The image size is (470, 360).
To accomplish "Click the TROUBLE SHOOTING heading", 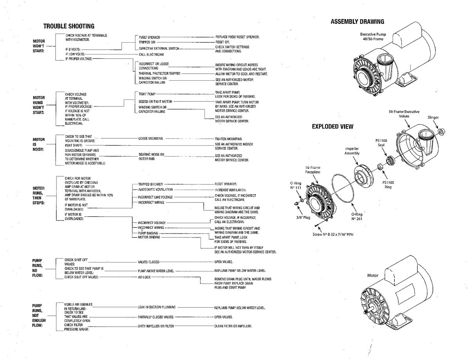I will pyautogui.click(x=69, y=26).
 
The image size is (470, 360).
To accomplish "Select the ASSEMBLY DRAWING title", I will pyautogui.click(x=357, y=22).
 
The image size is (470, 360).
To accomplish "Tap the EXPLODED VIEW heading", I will pyautogui.click(x=332, y=127).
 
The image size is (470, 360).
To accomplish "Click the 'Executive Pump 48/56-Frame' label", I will pyautogui.click(x=372, y=37).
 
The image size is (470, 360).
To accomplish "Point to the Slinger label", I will pyautogui.click(x=433, y=118).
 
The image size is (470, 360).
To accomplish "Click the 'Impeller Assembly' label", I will pyautogui.click(x=352, y=151).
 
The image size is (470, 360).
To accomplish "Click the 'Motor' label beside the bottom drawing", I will pyautogui.click(x=372, y=275).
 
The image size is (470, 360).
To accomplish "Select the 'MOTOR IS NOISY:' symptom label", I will pyautogui.click(x=38, y=144).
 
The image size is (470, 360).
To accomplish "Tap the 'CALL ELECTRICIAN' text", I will pyautogui.click(x=151, y=54).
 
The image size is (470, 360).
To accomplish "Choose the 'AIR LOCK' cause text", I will pyautogui.click(x=144, y=277).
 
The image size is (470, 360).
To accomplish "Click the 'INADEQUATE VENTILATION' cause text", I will pyautogui.click(x=155, y=190).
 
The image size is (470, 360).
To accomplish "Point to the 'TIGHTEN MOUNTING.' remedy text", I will pyautogui.click(x=228, y=139).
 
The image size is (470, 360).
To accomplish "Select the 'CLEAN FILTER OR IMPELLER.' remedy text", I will pyautogui.click(x=233, y=326).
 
